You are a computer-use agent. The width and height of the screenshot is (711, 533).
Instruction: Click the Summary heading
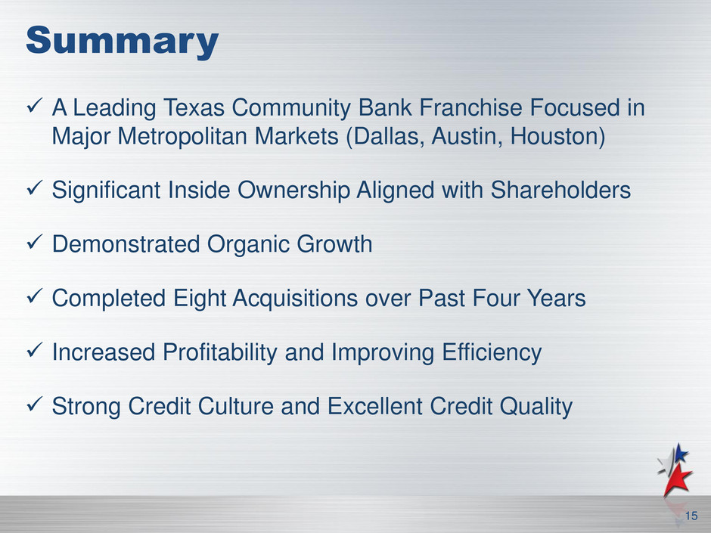(x=123, y=42)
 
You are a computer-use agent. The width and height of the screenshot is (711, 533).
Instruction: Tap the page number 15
(x=691, y=516)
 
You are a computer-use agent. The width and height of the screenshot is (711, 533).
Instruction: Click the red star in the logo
(x=677, y=480)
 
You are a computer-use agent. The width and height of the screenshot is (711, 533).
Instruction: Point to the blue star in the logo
(x=680, y=453)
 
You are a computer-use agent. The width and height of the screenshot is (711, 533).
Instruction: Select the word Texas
(x=194, y=108)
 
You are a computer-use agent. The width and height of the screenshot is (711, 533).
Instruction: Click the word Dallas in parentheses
(x=389, y=136)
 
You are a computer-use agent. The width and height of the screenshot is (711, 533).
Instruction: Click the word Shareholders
(x=560, y=190)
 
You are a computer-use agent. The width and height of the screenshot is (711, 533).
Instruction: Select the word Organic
(x=249, y=244)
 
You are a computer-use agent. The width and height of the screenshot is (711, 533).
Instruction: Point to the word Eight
(x=200, y=299)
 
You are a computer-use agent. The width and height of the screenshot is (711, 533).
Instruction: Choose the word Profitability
(x=220, y=352)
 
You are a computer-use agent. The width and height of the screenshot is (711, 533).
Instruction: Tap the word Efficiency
(x=492, y=352)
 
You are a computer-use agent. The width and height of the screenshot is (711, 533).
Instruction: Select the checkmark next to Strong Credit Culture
(x=35, y=404)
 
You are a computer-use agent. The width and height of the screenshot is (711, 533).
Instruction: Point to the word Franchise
(x=470, y=108)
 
